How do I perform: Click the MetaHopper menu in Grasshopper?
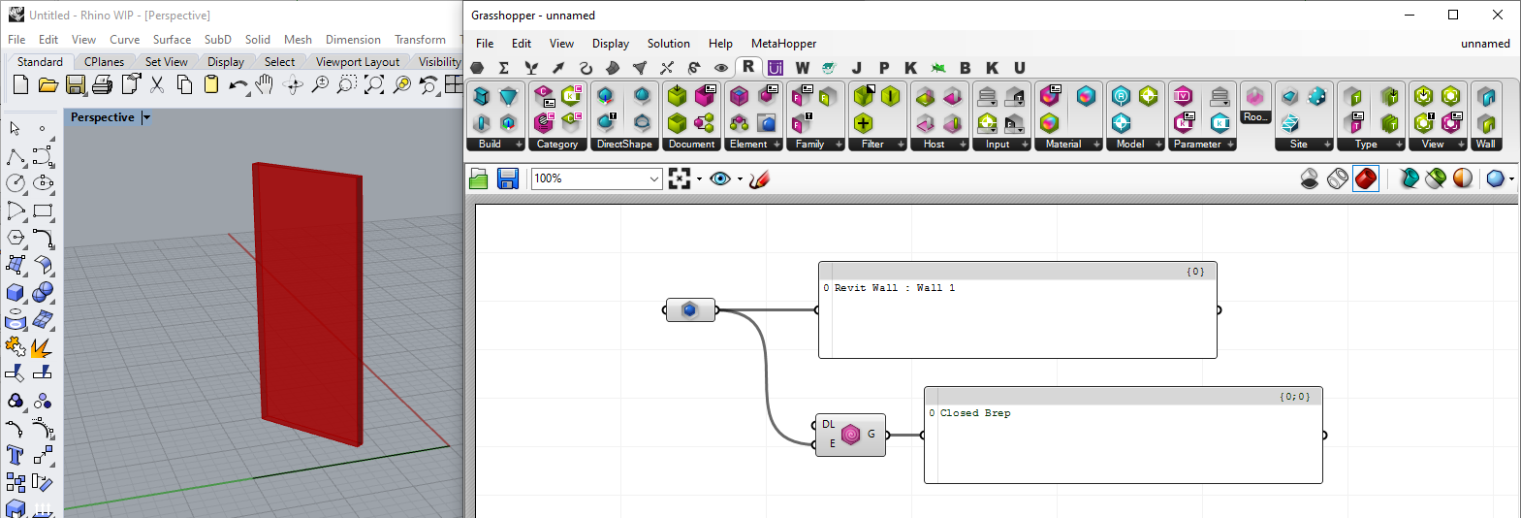coord(783,44)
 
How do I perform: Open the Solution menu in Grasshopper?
coord(668,44)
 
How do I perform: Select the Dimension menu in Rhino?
coord(353,40)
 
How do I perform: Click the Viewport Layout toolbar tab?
coord(358,62)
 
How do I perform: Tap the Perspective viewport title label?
coord(103,117)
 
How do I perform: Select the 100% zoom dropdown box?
coord(596,178)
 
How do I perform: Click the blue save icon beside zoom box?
coord(508,178)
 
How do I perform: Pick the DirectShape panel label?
coord(624,145)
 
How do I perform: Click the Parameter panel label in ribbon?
coord(1197,145)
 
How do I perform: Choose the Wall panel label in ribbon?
coord(1486,145)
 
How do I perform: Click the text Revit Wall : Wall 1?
coord(894,288)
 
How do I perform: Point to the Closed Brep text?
coord(975,413)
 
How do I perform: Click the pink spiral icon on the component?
coord(851,435)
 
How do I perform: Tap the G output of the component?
coord(871,434)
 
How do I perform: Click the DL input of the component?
coord(829,424)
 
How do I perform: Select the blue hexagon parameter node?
coord(690,310)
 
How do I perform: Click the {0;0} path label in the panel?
coord(1295,397)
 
